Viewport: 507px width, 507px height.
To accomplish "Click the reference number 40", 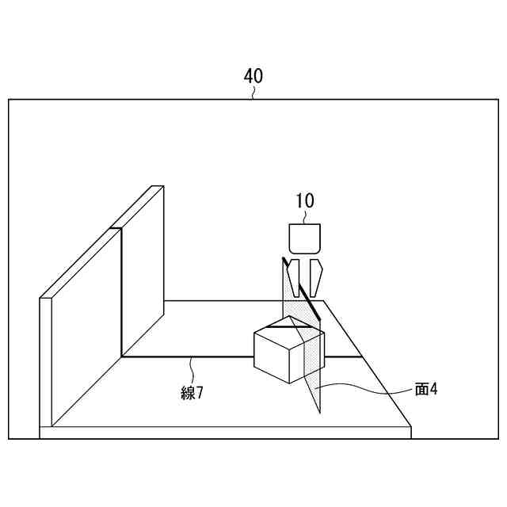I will click(x=253, y=76).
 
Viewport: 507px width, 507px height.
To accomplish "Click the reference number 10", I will click(x=305, y=200).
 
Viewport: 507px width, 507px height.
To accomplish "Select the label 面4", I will click(x=426, y=389).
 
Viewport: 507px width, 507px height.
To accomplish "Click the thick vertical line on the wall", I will click(x=120, y=293).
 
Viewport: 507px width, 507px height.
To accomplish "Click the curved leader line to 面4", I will click(x=372, y=388).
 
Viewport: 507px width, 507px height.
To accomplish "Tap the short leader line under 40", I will click(x=253, y=93).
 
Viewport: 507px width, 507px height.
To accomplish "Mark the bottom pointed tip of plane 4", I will click(x=320, y=411).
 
